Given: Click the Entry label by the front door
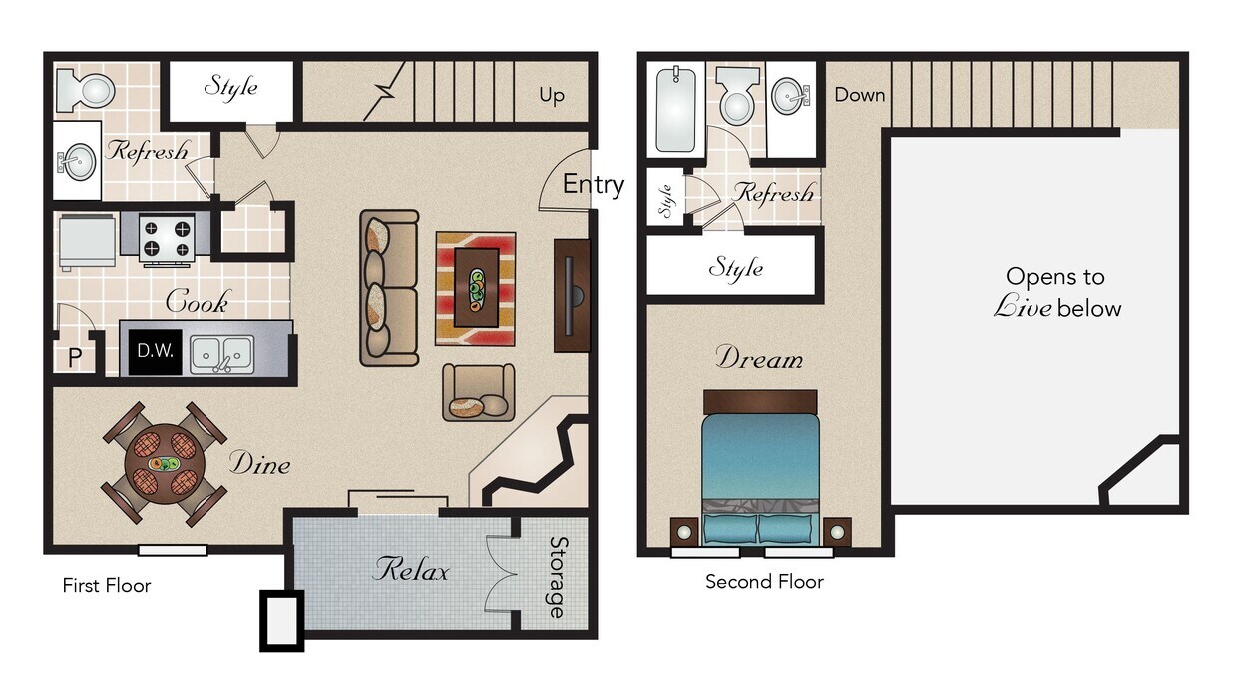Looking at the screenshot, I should tap(593, 185).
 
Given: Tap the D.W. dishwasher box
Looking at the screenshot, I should tap(155, 351).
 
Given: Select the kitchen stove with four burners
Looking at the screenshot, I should tap(166, 239).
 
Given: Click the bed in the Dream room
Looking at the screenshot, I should tap(760, 469).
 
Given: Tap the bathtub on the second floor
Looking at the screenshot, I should tap(674, 108).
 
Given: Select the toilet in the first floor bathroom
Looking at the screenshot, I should tap(86, 91).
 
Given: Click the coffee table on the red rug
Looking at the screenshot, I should tap(475, 287).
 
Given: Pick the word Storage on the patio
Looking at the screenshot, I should tap(557, 577).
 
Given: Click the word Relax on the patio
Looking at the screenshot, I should tap(410, 570).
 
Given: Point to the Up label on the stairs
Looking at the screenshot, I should tap(552, 96).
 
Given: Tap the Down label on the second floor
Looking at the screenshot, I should tap(859, 95).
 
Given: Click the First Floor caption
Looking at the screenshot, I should tap(106, 586).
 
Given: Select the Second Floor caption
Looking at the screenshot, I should tap(764, 582).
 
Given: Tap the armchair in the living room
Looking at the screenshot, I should tap(479, 393).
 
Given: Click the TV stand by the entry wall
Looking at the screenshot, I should tap(571, 296).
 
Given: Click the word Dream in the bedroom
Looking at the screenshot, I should tap(758, 358).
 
